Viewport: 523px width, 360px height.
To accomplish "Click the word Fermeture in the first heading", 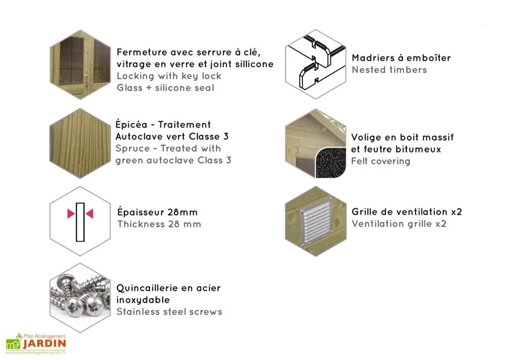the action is [x=142, y=52].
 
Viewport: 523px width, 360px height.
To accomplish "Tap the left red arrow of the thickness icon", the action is [x=70, y=213].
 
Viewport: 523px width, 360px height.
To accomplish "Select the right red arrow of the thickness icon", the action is [x=89, y=213].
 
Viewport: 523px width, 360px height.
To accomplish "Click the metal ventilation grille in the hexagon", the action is [x=317, y=222].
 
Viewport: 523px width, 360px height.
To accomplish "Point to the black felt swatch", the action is [x=330, y=163].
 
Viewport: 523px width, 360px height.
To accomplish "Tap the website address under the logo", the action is [x=36, y=353].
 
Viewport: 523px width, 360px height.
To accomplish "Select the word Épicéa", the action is [x=131, y=124].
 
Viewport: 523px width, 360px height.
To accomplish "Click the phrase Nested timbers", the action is [x=389, y=70].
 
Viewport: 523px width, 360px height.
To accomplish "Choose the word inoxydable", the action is [x=143, y=300].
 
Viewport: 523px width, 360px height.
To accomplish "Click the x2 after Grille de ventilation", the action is [x=457, y=212].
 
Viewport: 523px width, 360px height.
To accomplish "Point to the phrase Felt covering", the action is [x=381, y=161].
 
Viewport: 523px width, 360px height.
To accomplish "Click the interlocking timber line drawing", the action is [x=316, y=64].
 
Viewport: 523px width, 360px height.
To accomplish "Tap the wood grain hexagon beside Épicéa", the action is [x=80, y=143].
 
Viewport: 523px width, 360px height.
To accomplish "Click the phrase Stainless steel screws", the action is [x=169, y=312].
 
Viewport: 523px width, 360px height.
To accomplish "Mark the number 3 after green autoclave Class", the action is [x=228, y=160].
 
